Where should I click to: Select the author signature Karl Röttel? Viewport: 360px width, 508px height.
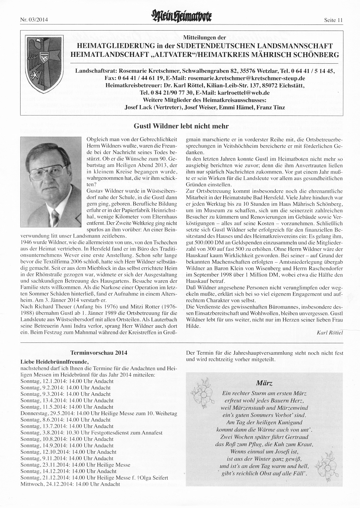329,332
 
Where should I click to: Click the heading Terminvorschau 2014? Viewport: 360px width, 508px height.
99,353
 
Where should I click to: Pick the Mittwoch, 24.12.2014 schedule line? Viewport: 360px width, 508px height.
70,484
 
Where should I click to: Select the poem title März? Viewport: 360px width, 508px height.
265,383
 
